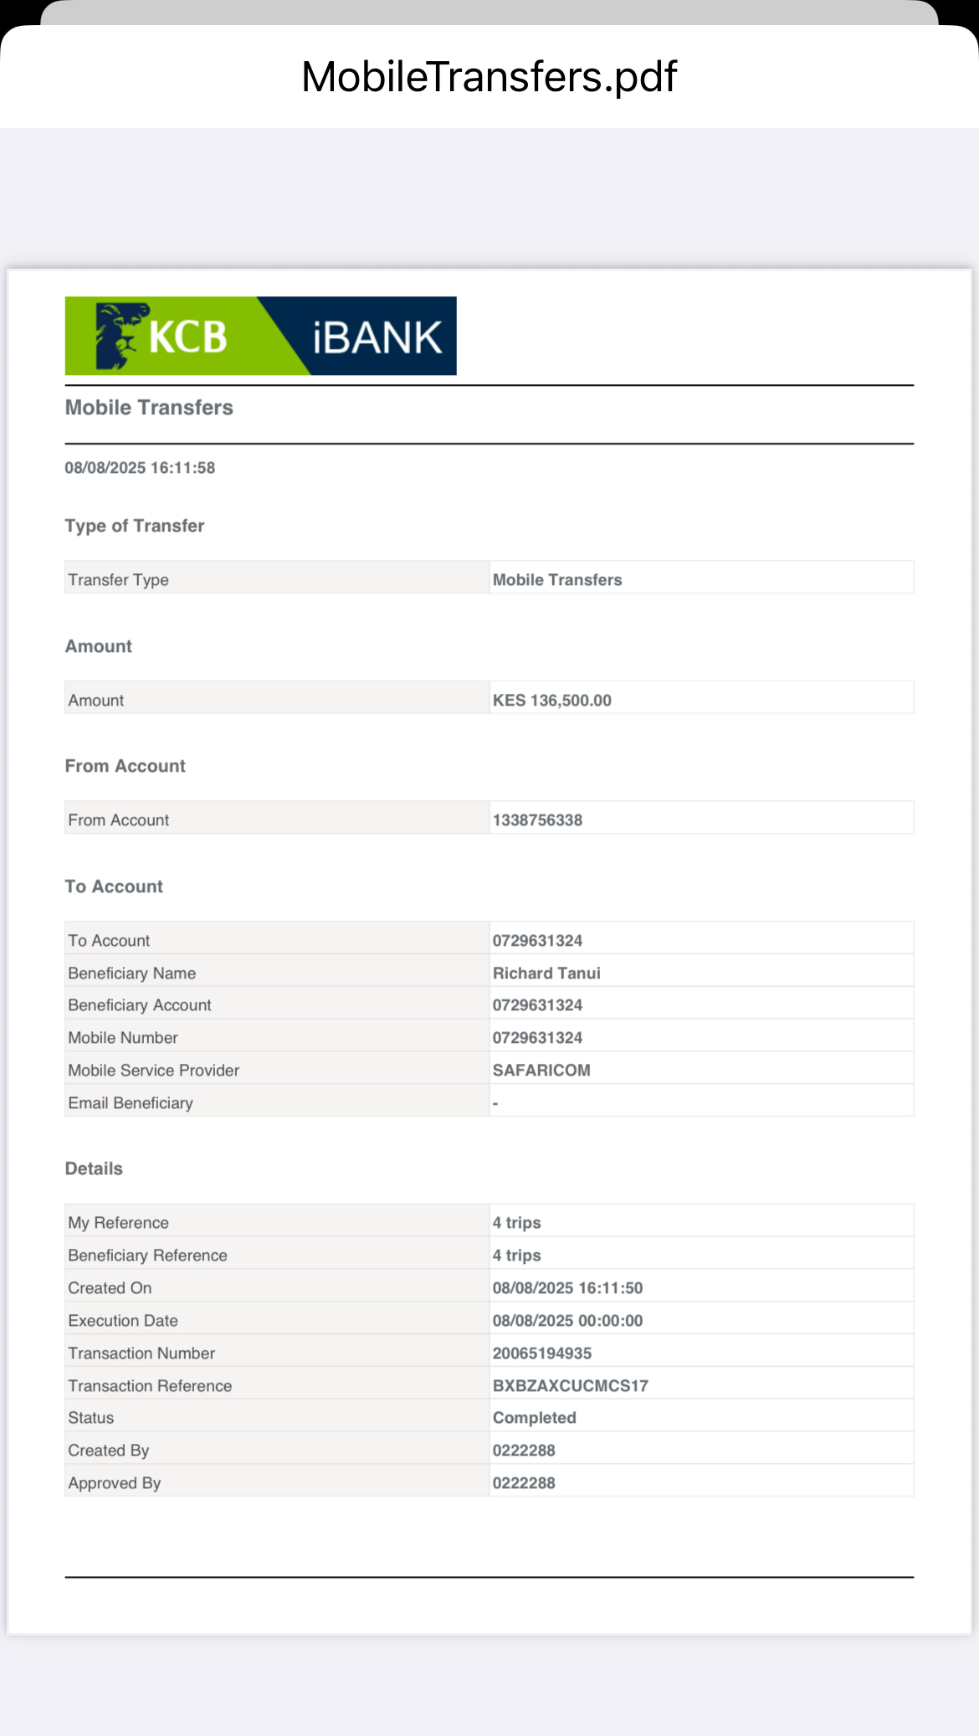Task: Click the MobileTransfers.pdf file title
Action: click(489, 77)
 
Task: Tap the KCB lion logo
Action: click(117, 336)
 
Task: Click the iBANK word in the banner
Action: click(377, 337)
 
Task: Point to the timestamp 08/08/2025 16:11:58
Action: click(140, 468)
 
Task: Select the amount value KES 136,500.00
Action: click(551, 700)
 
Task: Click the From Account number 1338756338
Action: click(537, 820)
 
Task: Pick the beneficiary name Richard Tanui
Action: click(546, 973)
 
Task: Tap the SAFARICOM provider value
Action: click(541, 1070)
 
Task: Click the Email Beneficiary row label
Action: click(131, 1102)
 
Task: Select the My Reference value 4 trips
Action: click(516, 1222)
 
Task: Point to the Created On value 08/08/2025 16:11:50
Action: click(567, 1287)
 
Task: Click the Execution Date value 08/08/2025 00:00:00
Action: click(567, 1320)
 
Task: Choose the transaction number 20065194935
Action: click(541, 1353)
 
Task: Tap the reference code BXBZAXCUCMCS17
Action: click(570, 1385)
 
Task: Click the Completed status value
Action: click(534, 1417)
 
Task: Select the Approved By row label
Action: click(115, 1482)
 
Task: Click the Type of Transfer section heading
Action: click(135, 526)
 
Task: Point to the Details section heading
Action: click(94, 1168)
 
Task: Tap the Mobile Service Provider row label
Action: click(154, 1070)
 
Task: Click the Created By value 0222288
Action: click(524, 1450)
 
